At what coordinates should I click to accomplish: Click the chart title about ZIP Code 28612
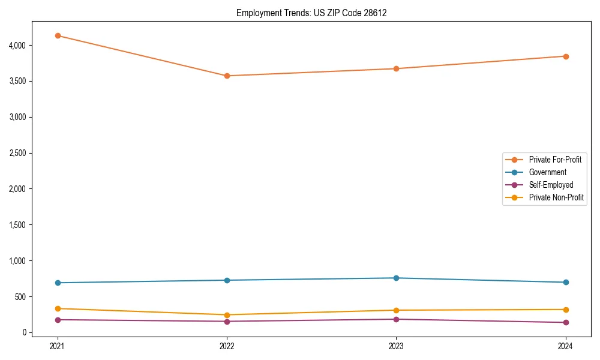(x=311, y=13)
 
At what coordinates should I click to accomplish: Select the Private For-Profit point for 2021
(x=58, y=35)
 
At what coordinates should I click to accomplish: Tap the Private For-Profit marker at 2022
(x=227, y=76)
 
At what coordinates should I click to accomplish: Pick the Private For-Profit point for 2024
(x=566, y=56)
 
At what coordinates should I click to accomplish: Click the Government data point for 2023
(x=396, y=278)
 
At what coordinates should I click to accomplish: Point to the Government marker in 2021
(x=58, y=283)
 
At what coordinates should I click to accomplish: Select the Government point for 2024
(x=566, y=282)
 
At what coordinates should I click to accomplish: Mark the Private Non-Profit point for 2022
(x=227, y=315)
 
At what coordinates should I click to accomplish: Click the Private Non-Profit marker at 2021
(x=58, y=308)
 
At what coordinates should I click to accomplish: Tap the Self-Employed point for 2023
(x=396, y=319)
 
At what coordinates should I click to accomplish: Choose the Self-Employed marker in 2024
(x=566, y=323)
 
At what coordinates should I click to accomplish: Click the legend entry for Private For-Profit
(x=555, y=160)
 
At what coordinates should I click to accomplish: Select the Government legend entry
(x=547, y=172)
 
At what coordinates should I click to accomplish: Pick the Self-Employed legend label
(x=551, y=185)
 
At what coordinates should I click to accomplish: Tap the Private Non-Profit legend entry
(x=556, y=197)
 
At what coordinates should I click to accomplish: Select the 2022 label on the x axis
(x=227, y=346)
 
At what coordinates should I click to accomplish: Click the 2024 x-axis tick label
(x=566, y=346)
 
